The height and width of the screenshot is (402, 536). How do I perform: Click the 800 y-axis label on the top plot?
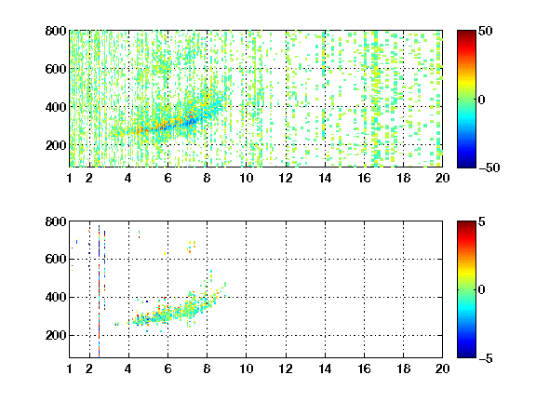[x=56, y=31]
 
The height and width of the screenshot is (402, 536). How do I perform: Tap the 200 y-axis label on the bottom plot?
[x=56, y=335]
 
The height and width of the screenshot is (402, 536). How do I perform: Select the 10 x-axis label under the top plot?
[x=246, y=178]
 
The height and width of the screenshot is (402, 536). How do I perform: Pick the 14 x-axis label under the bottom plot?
[x=325, y=368]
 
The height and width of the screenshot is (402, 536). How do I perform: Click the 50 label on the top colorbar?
[x=485, y=31]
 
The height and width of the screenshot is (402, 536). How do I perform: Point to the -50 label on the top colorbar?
[x=489, y=167]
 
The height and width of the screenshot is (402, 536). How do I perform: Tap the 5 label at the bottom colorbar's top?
[x=482, y=221]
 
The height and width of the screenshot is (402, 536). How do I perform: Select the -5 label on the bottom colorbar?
[x=486, y=358]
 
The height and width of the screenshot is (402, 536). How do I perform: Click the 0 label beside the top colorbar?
[x=482, y=100]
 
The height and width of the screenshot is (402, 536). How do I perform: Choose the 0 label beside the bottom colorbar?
[x=482, y=290]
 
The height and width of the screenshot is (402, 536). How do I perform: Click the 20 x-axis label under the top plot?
[x=442, y=178]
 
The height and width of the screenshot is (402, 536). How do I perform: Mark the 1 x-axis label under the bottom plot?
[x=70, y=368]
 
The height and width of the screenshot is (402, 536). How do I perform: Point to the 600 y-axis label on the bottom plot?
[x=56, y=259]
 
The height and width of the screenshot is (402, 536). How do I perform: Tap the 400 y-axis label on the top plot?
[x=56, y=107]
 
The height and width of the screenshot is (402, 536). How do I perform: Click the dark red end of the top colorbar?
[x=466, y=33]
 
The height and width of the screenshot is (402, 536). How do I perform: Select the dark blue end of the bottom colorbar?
[x=466, y=355]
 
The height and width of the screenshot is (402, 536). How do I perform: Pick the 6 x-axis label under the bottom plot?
[x=167, y=368]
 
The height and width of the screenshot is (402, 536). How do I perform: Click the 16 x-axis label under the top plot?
[x=365, y=178]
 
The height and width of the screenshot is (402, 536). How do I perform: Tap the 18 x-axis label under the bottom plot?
[x=403, y=368]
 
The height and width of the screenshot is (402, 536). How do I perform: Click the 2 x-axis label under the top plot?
[x=89, y=178]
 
